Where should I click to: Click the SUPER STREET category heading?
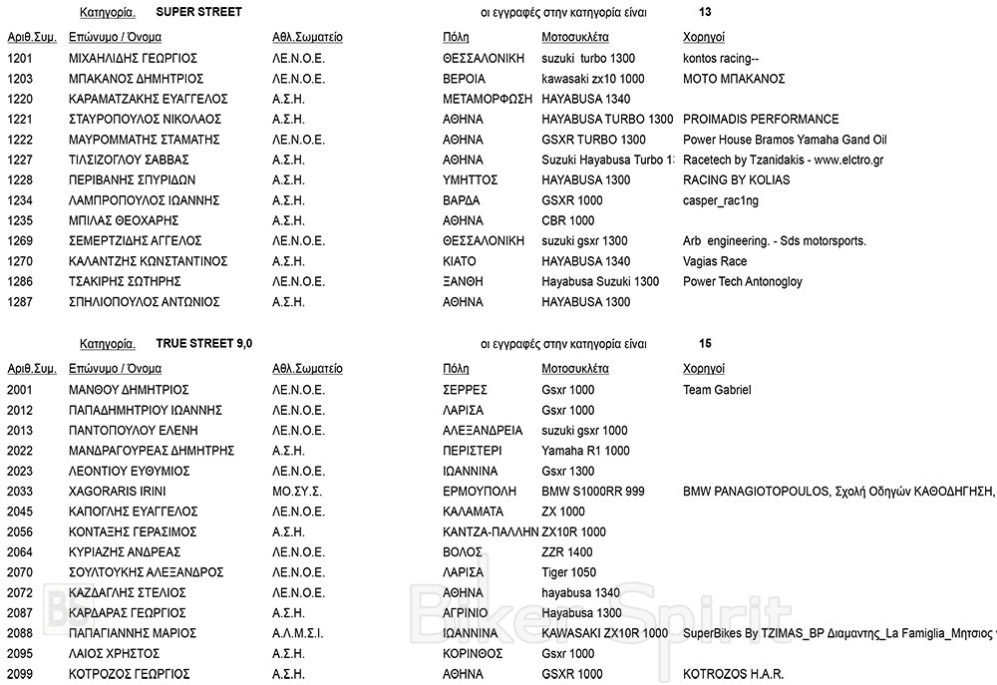(199, 13)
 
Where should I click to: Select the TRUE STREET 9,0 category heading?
(204, 344)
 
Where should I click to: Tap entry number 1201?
(21, 59)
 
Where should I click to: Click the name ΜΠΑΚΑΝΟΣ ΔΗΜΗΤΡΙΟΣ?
(136, 79)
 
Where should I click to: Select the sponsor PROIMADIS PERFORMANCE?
(761, 120)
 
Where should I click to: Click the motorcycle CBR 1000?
(567, 221)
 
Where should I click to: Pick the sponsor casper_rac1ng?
(721, 200)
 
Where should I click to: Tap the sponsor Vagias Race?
(715, 261)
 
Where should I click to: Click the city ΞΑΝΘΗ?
(463, 282)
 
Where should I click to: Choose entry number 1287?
(21, 302)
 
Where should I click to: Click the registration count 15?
(705, 344)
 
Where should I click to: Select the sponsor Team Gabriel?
(717, 390)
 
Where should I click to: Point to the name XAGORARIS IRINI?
(117, 492)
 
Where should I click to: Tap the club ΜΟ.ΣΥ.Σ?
(298, 492)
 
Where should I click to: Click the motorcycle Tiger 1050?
(569, 572)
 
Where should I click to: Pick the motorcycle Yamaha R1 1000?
(585, 451)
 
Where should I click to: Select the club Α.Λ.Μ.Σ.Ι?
(298, 633)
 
